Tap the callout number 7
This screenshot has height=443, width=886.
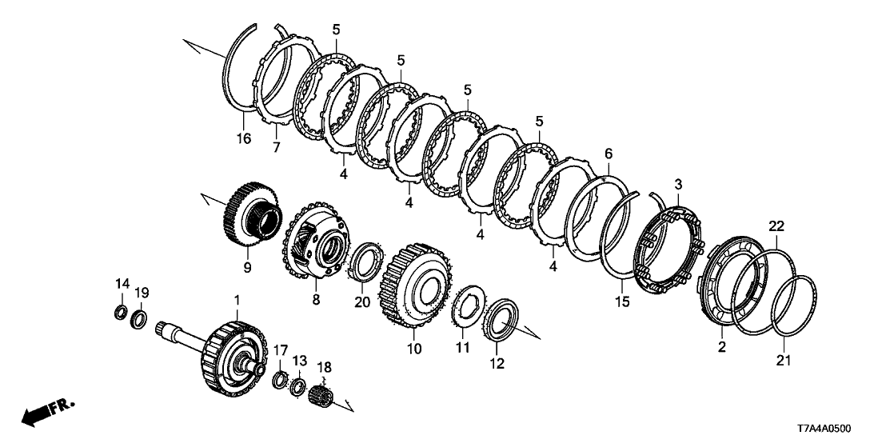pyautogui.click(x=277, y=148)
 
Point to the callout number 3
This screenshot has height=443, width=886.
pyautogui.click(x=678, y=184)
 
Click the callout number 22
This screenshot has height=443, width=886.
pyautogui.click(x=777, y=226)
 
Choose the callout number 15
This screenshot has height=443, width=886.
pyautogui.click(x=622, y=302)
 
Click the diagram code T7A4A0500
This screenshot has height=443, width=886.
pyautogui.click(x=824, y=429)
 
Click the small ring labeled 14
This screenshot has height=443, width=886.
pyautogui.click(x=121, y=312)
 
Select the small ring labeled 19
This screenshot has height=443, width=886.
pyautogui.click(x=139, y=319)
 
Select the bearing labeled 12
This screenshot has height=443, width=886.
pyautogui.click(x=501, y=320)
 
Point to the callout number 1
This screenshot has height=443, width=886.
pyautogui.click(x=237, y=297)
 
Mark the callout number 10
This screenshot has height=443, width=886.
pyautogui.click(x=414, y=349)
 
